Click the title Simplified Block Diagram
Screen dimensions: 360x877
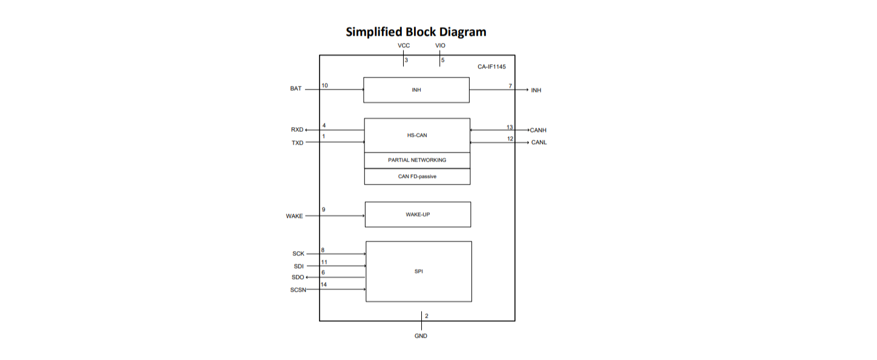click(x=416, y=32)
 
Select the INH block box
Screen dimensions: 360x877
click(x=416, y=90)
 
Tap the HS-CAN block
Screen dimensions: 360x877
click(x=417, y=136)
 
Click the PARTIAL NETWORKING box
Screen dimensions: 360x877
click(x=417, y=160)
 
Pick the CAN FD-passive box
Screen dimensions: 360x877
click(x=417, y=177)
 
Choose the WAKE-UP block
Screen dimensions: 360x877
click(x=418, y=215)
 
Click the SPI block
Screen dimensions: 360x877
click(x=419, y=272)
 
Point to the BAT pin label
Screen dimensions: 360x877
click(x=295, y=89)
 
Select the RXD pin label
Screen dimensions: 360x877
click(x=297, y=130)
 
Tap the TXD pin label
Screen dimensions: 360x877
click(x=297, y=143)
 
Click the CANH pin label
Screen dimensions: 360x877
click(x=538, y=130)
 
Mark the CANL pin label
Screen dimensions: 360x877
click(x=539, y=143)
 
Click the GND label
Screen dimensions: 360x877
click(x=421, y=336)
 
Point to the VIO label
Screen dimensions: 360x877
click(x=440, y=46)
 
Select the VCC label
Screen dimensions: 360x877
click(x=404, y=46)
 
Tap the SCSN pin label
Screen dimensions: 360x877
click(x=298, y=290)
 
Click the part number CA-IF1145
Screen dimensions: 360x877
click(x=491, y=67)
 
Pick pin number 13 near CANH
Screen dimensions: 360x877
click(x=510, y=127)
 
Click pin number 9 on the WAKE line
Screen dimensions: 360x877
click(x=324, y=210)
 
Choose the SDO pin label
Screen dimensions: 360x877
click(x=297, y=277)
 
